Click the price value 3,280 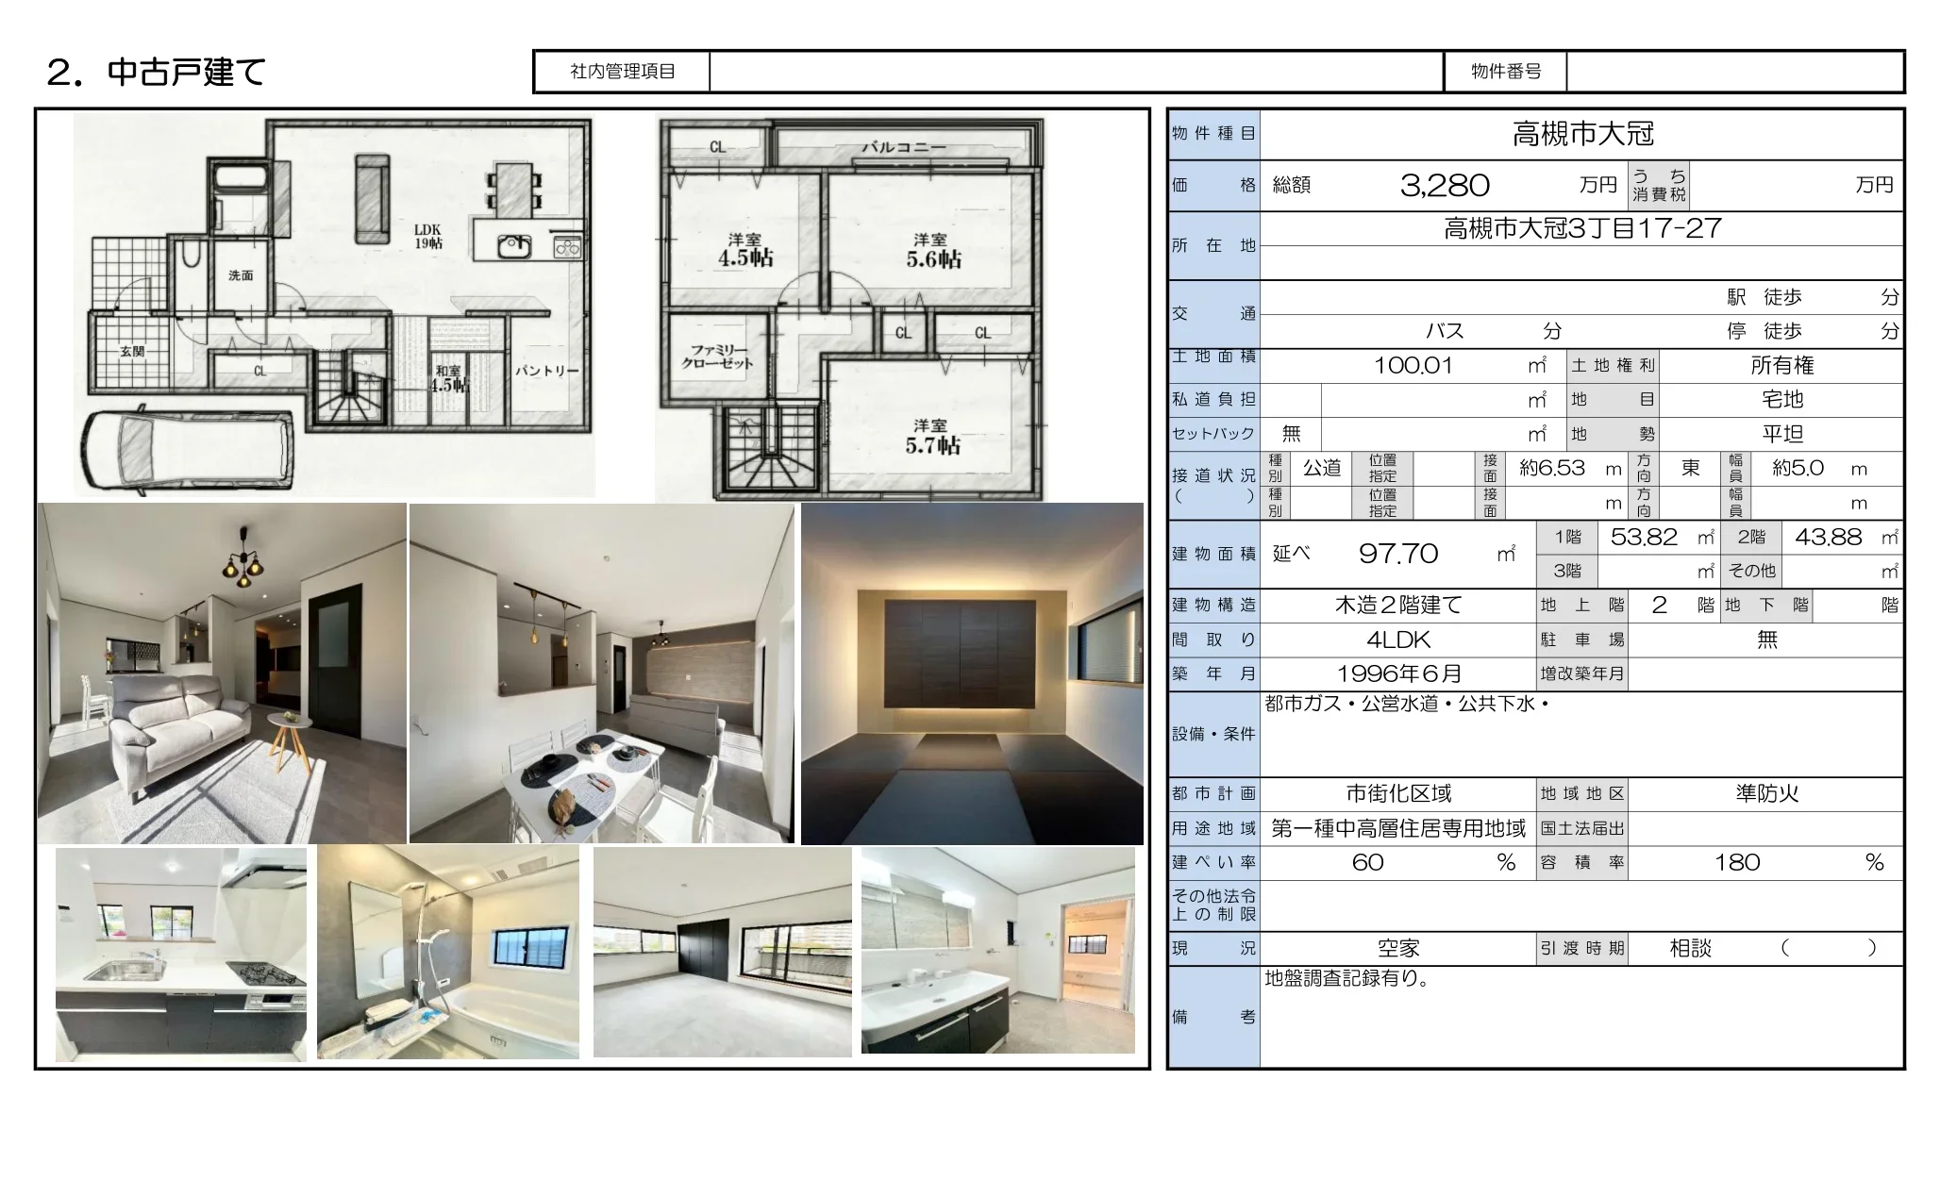click(x=1445, y=185)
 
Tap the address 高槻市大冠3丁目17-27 click(x=1582, y=228)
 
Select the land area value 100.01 click(x=1413, y=365)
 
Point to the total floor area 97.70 click(x=1398, y=554)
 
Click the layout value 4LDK click(x=1398, y=640)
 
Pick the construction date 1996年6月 click(x=1399, y=673)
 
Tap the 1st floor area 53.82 click(x=1644, y=537)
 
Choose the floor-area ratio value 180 click(x=1737, y=862)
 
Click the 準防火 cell click(x=1767, y=793)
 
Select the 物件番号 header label click(x=1506, y=72)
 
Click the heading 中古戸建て click(x=187, y=72)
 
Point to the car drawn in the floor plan click(x=189, y=448)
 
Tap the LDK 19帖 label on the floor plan click(x=427, y=236)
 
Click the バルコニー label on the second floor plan click(x=903, y=147)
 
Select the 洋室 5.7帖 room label click(x=932, y=437)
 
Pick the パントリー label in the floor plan click(x=547, y=371)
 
